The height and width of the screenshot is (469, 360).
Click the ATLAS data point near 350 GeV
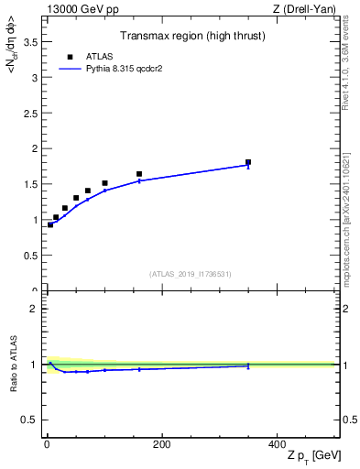pyautogui.click(x=248, y=162)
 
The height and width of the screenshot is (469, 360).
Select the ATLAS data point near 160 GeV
pyautogui.click(x=139, y=174)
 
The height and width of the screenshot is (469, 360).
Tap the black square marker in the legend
pyautogui.click(x=70, y=57)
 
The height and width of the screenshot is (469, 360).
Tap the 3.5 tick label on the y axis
pyautogui.click(x=30, y=42)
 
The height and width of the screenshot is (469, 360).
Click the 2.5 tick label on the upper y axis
pyautogui.click(x=30, y=114)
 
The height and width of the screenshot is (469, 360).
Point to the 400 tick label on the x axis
pyautogui.click(x=276, y=444)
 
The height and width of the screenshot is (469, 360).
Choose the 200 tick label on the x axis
pyautogui.click(x=161, y=444)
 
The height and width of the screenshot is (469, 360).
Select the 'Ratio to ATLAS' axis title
pyautogui.click(x=14, y=365)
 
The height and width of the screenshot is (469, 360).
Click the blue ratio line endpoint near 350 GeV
pyautogui.click(x=248, y=366)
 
